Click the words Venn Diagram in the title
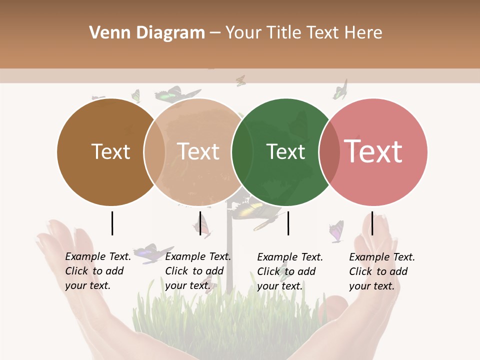pyautogui.click(x=147, y=33)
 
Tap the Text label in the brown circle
pyautogui.click(x=110, y=151)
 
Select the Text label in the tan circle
pyautogui.click(x=198, y=151)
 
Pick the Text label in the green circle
pyautogui.click(x=285, y=151)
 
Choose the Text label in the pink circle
pyautogui.click(x=373, y=151)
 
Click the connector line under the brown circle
pyautogui.click(x=112, y=223)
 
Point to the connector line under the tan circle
pyautogui.click(x=200, y=223)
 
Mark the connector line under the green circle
pyautogui.click(x=288, y=223)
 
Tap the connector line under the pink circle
pyautogui.click(x=372, y=223)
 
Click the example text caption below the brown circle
pyautogui.click(x=98, y=271)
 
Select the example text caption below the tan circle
pyautogui.click(x=197, y=271)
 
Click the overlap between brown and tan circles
pyautogui.click(x=154, y=151)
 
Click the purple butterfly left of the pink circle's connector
pyautogui.click(x=336, y=231)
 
